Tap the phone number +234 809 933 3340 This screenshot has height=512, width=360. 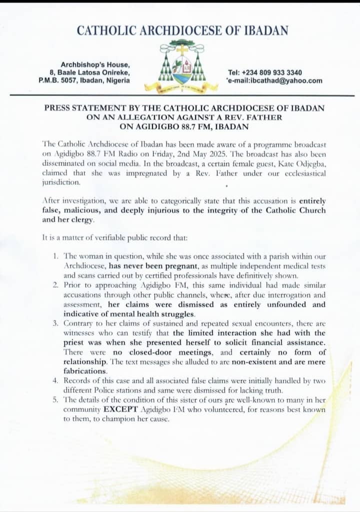[276, 72]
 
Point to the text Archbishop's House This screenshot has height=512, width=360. [95, 64]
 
